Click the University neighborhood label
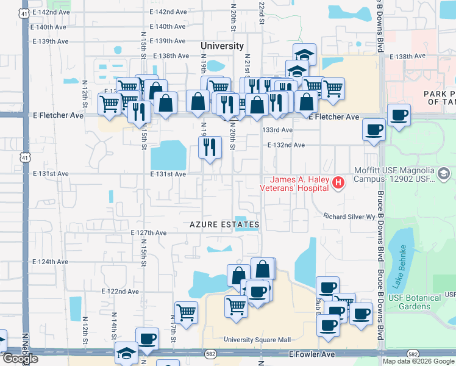click(x=223, y=46)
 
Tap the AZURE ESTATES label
click(x=224, y=224)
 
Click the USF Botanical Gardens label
click(x=428, y=302)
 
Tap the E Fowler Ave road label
click(x=312, y=354)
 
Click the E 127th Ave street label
click(x=149, y=233)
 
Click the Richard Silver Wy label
click(x=349, y=217)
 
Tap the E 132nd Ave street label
click(x=286, y=145)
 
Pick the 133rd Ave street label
click(x=278, y=130)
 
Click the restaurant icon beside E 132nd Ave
click(x=209, y=148)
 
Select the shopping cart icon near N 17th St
click(x=186, y=312)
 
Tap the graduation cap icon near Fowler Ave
click(x=127, y=353)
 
